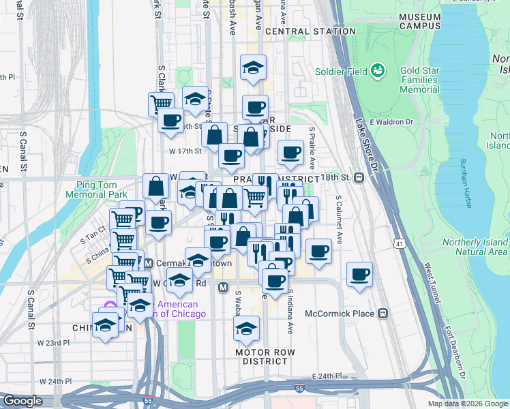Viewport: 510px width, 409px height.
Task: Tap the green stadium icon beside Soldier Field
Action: pos(376,70)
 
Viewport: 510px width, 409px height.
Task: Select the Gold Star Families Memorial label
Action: pos(419,80)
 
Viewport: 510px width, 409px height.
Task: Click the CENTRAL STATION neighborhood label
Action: pos(311,31)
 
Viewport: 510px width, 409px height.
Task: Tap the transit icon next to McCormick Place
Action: pos(383,314)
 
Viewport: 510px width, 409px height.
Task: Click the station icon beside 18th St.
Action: pos(357,177)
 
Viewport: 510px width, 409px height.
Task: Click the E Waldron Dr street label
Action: pos(392,122)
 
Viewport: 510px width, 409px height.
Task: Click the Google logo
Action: pos(22,401)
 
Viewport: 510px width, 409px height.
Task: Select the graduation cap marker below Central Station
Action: pos(253,68)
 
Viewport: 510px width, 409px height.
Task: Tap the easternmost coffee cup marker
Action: pos(359,275)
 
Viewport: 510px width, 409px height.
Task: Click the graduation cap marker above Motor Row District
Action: pos(246,329)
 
